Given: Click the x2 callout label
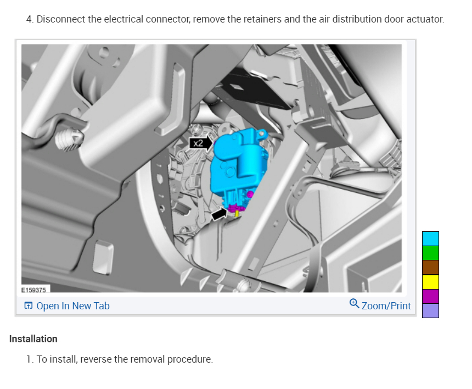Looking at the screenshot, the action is (199, 143).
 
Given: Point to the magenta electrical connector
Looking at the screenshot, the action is (237, 207).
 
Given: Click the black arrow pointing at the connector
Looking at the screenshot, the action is (219, 214).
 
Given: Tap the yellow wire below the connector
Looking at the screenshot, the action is (237, 214).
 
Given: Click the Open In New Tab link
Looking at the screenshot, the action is (73, 306).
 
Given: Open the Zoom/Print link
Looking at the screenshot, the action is (386, 306).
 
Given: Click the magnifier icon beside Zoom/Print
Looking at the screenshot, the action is (354, 303).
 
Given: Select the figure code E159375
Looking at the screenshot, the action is (33, 290).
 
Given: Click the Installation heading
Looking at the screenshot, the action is (33, 338).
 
